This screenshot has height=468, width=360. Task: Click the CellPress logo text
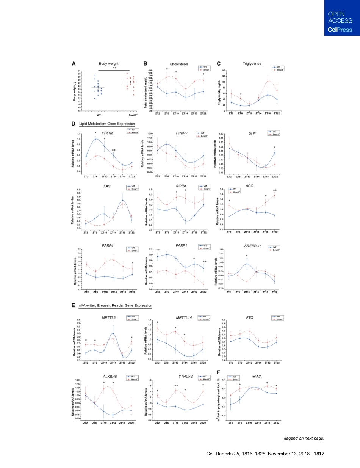pyautogui.click(x=340, y=30)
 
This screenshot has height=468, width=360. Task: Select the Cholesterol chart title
pyautogui.click(x=179, y=64)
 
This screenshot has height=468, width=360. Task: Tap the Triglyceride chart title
pyautogui.click(x=252, y=64)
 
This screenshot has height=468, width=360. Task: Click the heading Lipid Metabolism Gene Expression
pyautogui.click(x=107, y=124)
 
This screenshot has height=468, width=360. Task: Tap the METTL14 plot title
pyautogui.click(x=180, y=317)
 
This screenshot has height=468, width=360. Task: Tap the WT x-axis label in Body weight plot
pyautogui.click(x=99, y=115)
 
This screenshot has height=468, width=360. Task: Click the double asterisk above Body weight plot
pyautogui.click(x=114, y=68)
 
